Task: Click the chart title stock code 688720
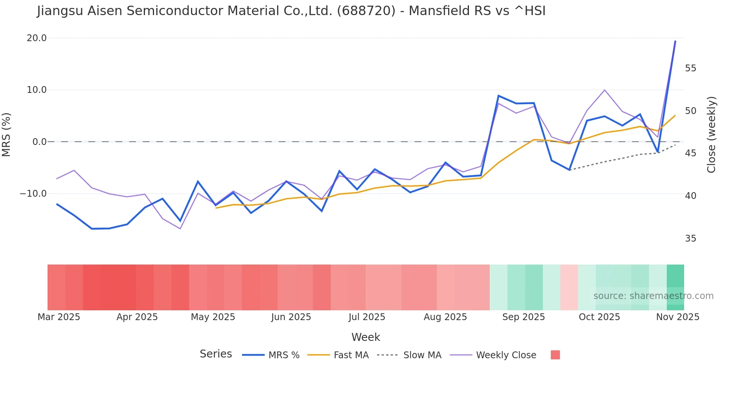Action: click(x=366, y=11)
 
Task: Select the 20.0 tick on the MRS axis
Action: click(x=37, y=38)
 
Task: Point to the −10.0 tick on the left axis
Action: click(x=33, y=194)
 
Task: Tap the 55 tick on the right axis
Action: click(x=691, y=68)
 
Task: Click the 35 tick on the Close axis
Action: click(x=691, y=239)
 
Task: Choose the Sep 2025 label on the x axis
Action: click(x=523, y=317)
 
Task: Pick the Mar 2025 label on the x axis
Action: click(x=59, y=317)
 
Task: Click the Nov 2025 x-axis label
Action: click(x=677, y=317)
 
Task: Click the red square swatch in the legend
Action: click(x=555, y=355)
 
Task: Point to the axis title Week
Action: click(x=365, y=337)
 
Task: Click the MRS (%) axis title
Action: click(x=6, y=135)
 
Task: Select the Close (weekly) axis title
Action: click(x=711, y=135)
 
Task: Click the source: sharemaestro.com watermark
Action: click(x=653, y=296)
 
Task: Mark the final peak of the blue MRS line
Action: click(x=675, y=41)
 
